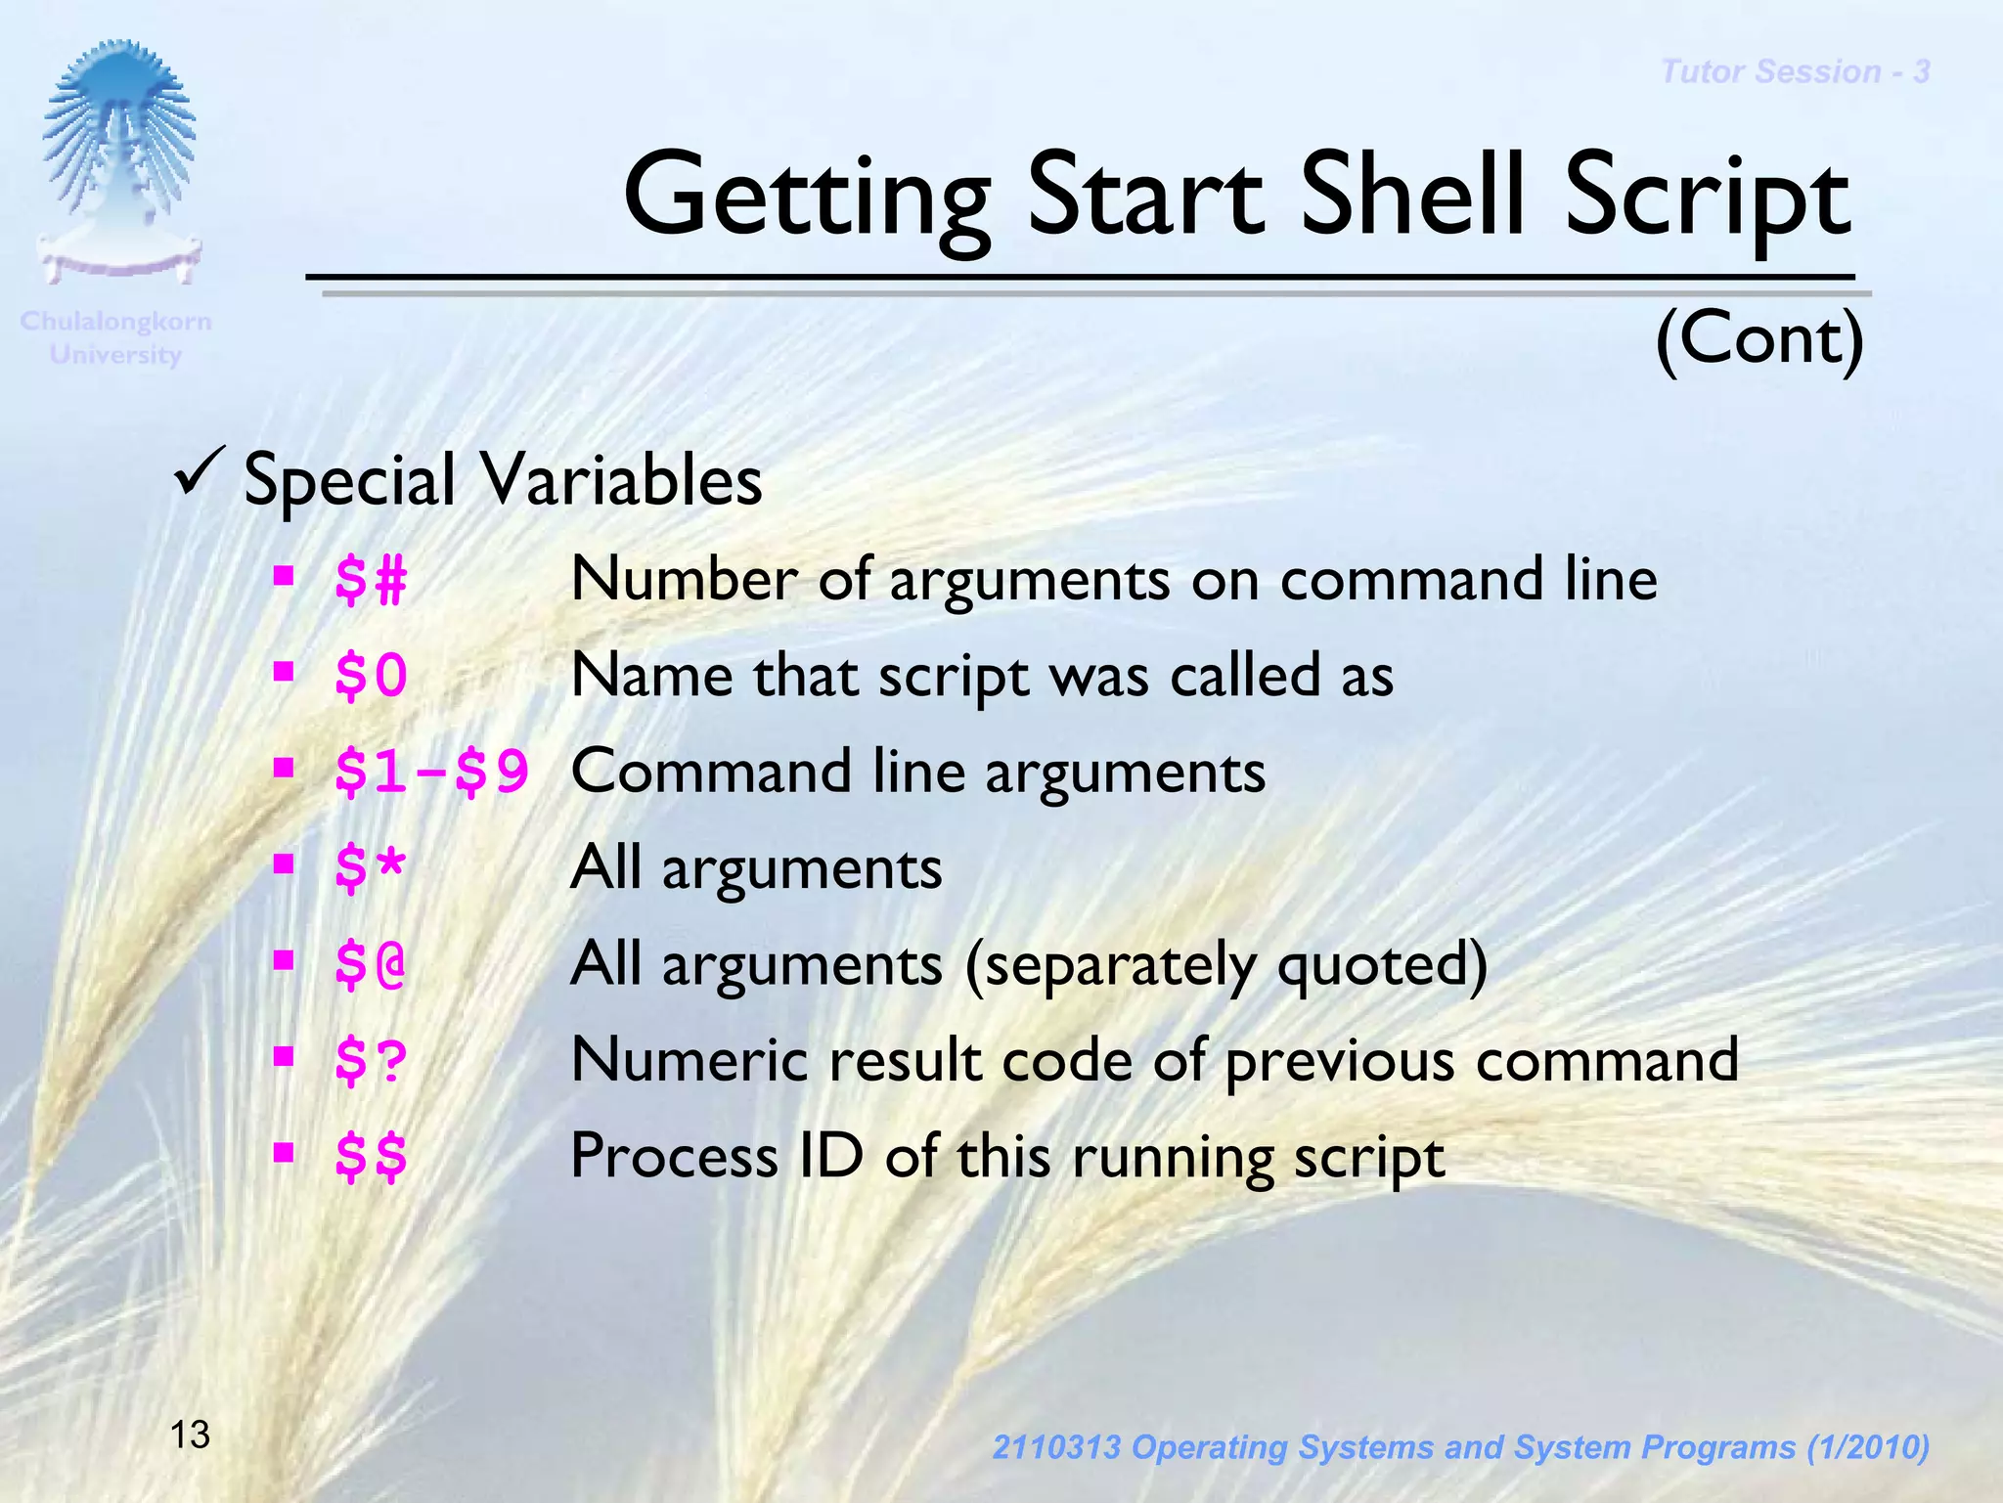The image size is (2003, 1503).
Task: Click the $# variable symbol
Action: point(370,581)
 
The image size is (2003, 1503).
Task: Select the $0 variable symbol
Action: point(370,677)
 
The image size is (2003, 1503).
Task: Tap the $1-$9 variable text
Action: point(431,773)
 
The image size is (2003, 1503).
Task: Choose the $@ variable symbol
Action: point(370,964)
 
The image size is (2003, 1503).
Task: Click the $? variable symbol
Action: point(370,1060)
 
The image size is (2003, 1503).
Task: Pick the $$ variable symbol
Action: point(370,1157)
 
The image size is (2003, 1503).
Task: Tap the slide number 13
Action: point(190,1436)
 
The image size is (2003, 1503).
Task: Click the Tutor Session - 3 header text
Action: point(1795,71)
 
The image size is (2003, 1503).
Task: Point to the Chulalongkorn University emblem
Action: point(119,161)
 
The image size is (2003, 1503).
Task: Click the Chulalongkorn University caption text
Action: point(115,337)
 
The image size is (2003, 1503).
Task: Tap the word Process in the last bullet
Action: point(673,1157)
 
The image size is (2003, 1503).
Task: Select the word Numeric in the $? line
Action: point(690,1060)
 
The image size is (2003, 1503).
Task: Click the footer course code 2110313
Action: point(1055,1447)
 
